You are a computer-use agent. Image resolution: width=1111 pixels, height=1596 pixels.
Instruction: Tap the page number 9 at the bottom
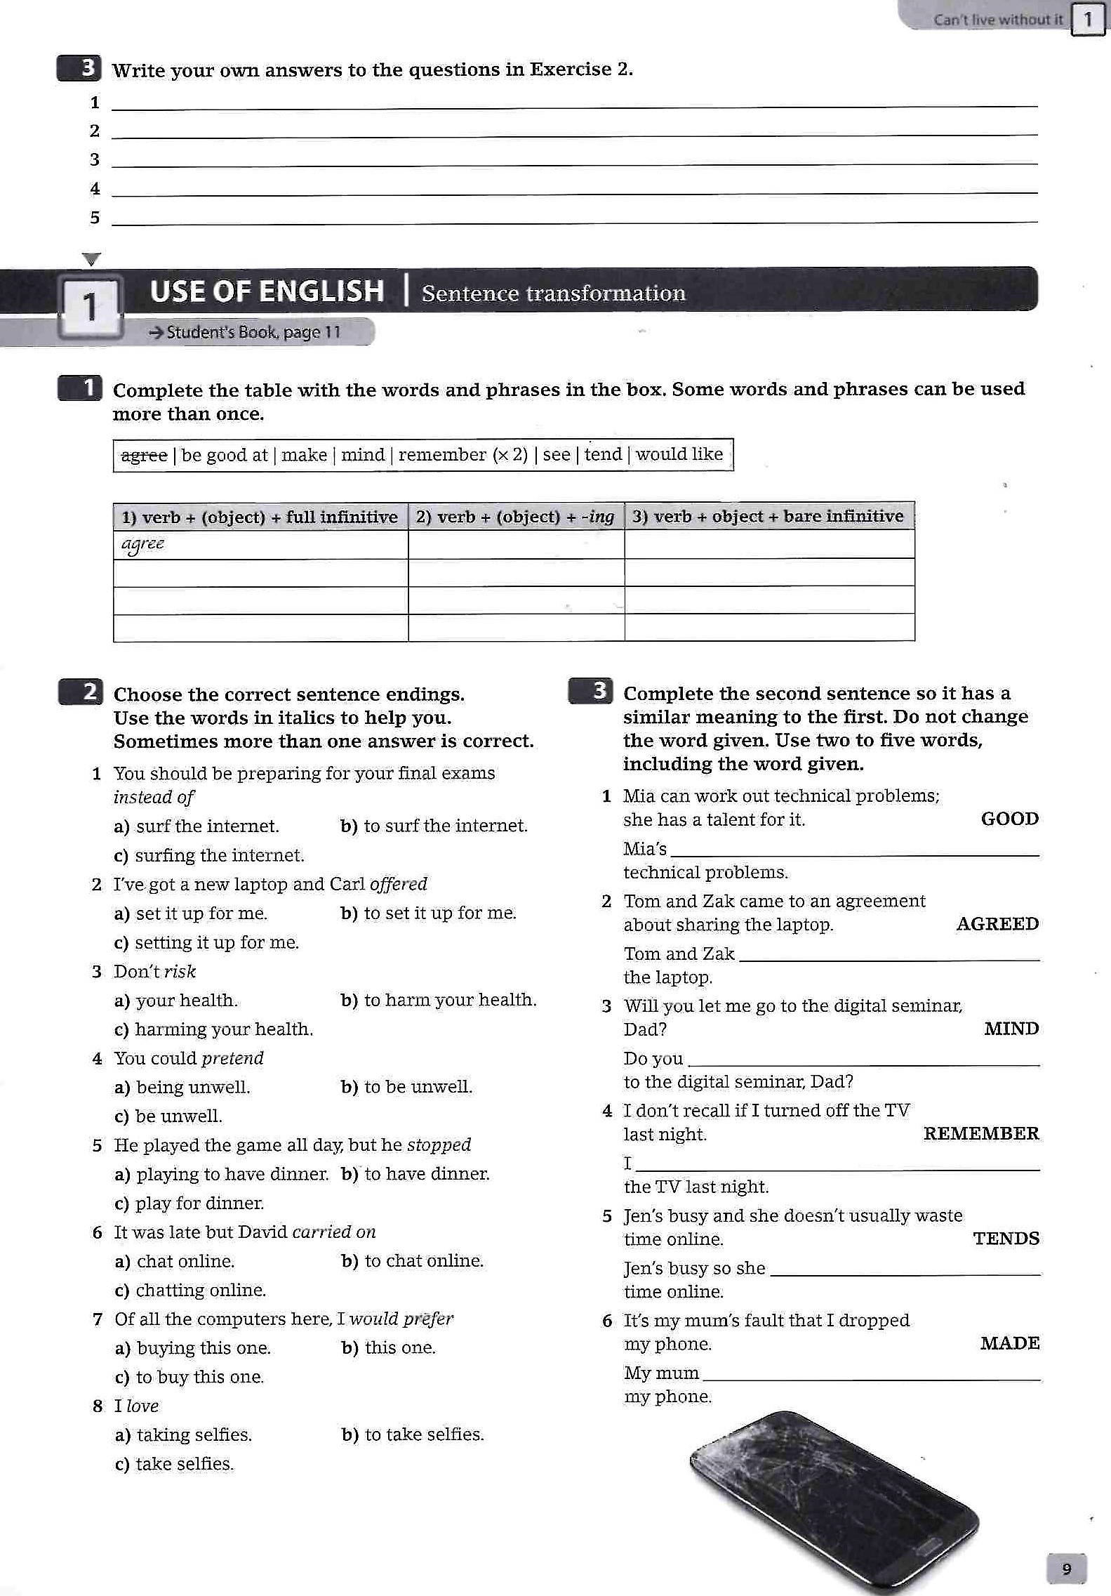[1066, 1569]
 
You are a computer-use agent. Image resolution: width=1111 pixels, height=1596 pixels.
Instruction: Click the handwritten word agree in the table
[142, 544]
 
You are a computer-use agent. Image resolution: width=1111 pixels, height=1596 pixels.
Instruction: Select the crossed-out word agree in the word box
[144, 455]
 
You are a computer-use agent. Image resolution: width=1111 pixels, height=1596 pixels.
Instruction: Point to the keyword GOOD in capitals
[1009, 819]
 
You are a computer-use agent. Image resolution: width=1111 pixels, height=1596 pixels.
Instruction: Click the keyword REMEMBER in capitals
[980, 1133]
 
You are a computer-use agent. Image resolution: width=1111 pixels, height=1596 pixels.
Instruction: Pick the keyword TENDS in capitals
[1006, 1239]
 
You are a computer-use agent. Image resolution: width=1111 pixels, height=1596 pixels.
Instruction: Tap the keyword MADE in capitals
[1009, 1343]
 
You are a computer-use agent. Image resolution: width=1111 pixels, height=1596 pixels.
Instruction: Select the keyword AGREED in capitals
[997, 924]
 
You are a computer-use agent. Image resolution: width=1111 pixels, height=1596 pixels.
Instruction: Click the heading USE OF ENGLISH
[267, 291]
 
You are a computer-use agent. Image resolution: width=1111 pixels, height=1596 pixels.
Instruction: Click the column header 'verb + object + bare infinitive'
[769, 517]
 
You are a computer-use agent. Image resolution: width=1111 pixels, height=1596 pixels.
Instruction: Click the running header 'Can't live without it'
[997, 20]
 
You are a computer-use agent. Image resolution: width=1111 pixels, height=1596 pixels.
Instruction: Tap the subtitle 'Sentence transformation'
[553, 293]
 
